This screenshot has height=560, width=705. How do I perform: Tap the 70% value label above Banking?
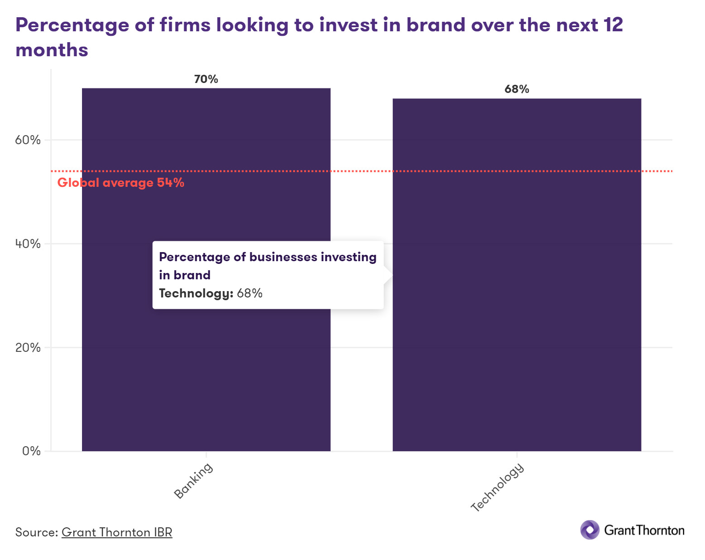pyautogui.click(x=206, y=79)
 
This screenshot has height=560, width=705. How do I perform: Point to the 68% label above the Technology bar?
pyautogui.click(x=517, y=89)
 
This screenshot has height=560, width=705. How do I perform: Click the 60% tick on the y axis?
pyautogui.click(x=28, y=140)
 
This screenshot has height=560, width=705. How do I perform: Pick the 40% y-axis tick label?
pyautogui.click(x=28, y=243)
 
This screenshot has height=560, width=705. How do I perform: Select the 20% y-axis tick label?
pyautogui.click(x=28, y=347)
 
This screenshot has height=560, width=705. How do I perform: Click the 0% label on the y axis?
pyautogui.click(x=31, y=451)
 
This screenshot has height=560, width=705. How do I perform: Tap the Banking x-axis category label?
pyautogui.click(x=193, y=481)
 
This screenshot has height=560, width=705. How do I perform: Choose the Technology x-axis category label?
pyautogui.click(x=497, y=487)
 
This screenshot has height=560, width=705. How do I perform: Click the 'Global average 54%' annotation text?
pyautogui.click(x=121, y=183)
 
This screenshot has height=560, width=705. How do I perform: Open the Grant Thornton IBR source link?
pyautogui.click(x=117, y=532)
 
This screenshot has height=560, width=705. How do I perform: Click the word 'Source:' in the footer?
pyautogui.click(x=37, y=532)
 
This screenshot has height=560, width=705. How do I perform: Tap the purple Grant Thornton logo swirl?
pyautogui.click(x=589, y=530)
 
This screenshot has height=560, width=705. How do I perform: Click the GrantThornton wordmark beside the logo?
pyautogui.click(x=644, y=530)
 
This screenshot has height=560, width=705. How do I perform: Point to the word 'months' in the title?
pyautogui.click(x=52, y=50)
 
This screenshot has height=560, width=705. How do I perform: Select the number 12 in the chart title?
pyautogui.click(x=613, y=25)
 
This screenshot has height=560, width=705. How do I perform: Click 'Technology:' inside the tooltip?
pyautogui.click(x=196, y=293)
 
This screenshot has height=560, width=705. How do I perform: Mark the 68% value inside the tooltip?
pyautogui.click(x=250, y=293)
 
